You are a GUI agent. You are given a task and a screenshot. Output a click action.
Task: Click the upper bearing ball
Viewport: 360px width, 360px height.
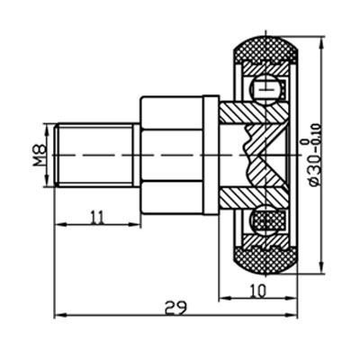tap(267, 89)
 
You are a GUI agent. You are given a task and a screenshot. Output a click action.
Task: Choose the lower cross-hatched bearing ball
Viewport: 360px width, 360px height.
tap(267, 221)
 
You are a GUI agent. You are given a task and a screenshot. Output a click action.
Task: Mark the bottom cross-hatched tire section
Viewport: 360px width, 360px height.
tap(267, 261)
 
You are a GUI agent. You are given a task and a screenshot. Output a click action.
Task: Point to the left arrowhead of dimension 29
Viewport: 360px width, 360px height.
tap(58, 316)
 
